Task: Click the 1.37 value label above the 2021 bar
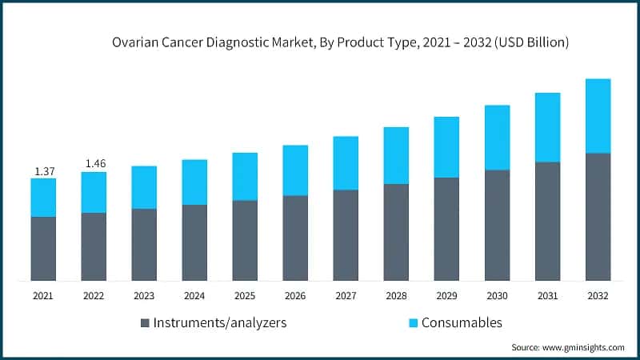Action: click(x=43, y=171)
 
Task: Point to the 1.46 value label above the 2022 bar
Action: click(x=94, y=164)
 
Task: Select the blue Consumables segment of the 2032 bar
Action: click(x=598, y=116)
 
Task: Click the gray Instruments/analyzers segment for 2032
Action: click(x=598, y=216)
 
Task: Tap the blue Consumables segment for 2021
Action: click(x=43, y=198)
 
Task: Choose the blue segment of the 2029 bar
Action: click(x=446, y=147)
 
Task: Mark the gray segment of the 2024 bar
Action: click(x=194, y=242)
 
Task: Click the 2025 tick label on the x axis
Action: click(x=245, y=296)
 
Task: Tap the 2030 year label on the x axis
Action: click(x=497, y=296)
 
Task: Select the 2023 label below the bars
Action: click(x=144, y=296)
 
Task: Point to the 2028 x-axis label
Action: click(x=396, y=296)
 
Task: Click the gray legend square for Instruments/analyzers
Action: click(x=145, y=323)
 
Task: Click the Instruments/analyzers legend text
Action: click(x=219, y=323)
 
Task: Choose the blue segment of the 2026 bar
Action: click(x=295, y=170)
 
